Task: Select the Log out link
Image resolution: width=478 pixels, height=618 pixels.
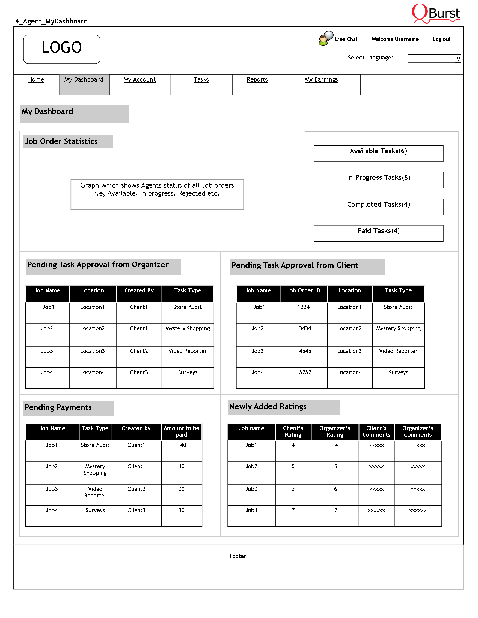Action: coord(441,39)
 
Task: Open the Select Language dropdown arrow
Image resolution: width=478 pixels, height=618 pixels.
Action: coord(458,59)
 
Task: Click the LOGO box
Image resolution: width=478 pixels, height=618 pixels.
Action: coord(62,49)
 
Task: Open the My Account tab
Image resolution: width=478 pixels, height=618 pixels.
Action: coord(139,80)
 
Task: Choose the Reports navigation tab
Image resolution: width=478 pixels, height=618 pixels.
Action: coord(257,80)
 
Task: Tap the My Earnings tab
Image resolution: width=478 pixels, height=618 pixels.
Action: coord(321,80)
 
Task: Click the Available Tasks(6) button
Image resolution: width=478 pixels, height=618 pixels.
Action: coord(378,153)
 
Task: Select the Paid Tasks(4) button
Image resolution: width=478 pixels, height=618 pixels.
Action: coord(378,233)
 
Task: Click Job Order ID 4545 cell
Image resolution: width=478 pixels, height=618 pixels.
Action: coord(305,351)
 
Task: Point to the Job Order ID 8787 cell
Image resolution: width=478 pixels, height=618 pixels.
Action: coord(305,372)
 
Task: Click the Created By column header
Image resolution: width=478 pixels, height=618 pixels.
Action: coord(139,291)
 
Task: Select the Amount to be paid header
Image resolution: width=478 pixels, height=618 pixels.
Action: coord(181,431)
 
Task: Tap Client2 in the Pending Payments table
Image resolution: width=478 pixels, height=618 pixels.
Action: coord(136,489)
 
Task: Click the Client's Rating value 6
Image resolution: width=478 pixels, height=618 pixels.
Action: coord(293,489)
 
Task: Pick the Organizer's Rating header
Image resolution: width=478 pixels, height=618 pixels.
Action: coord(335,431)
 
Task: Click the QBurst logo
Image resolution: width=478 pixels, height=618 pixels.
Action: coord(436,13)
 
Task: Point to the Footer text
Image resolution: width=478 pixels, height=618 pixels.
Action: coord(238,556)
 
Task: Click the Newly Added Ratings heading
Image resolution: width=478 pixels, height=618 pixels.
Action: coord(268,407)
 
